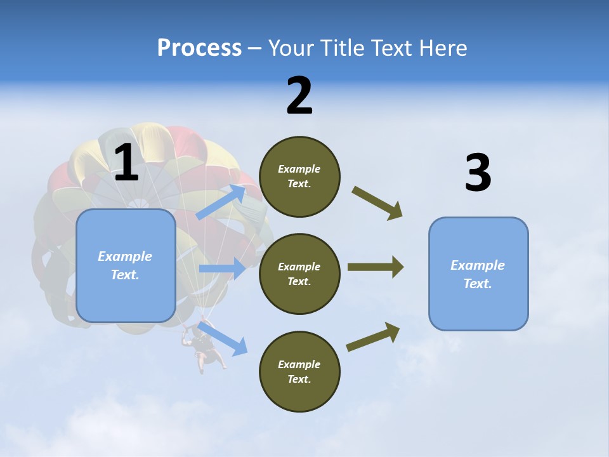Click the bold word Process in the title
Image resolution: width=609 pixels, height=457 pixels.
199,48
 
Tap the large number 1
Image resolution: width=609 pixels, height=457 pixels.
126,163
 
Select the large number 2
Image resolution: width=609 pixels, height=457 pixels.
299,96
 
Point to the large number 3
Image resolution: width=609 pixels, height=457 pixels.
478,173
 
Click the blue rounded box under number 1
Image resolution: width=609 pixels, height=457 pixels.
126,265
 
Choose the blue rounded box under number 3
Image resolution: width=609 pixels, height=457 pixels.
478,274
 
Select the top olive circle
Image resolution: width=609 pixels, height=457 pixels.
299,176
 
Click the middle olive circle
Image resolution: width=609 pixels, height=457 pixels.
299,274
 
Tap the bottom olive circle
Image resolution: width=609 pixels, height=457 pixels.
299,371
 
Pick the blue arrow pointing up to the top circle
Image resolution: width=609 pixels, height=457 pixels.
222,202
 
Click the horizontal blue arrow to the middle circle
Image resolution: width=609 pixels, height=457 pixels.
222,268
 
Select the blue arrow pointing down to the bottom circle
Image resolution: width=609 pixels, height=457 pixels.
223,338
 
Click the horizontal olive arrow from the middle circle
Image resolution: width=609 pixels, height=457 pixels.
375,267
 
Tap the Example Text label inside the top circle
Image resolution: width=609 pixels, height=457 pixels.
299,176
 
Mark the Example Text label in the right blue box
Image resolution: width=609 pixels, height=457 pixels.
478,274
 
